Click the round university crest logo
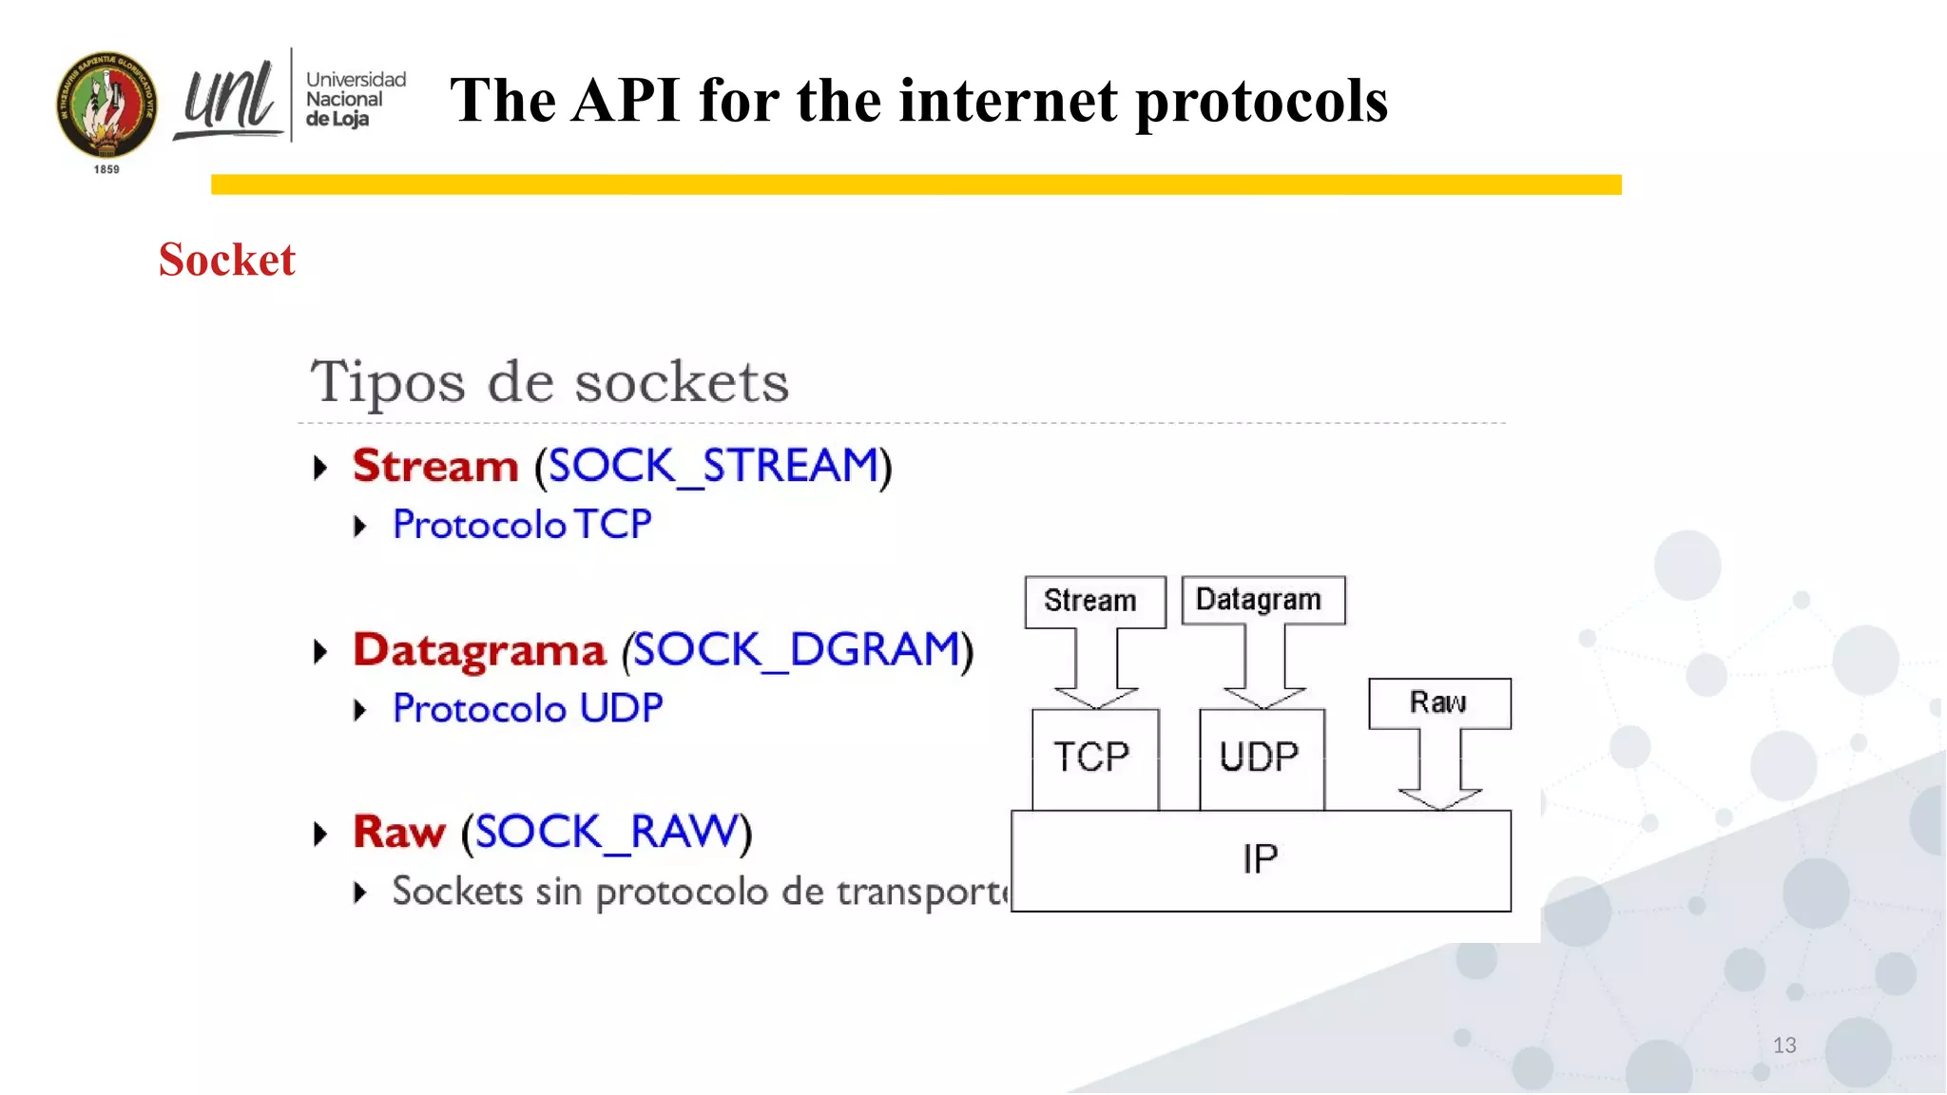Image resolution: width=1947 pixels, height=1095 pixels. pos(106,105)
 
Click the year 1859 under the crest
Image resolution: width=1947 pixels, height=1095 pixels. pos(106,169)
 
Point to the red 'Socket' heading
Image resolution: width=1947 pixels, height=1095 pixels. pos(226,259)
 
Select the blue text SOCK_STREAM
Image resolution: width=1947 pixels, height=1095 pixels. pos(713,466)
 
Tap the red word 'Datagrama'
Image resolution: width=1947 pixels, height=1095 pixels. pos(479,650)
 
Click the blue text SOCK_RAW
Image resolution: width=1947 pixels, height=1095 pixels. pos(607,832)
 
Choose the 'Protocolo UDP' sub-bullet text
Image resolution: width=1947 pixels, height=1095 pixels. pos(527,709)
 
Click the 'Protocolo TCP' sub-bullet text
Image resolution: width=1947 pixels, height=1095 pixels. pos(522,525)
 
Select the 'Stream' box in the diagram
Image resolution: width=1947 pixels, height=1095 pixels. pos(1094,601)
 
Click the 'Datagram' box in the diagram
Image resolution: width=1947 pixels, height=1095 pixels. pos(1262,600)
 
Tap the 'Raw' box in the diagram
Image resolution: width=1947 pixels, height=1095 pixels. pos(1438,702)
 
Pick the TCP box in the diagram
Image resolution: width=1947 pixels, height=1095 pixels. pos(1094,759)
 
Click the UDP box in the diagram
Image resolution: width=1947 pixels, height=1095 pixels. pos(1261,759)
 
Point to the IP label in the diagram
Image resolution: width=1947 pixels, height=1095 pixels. pos(1261,859)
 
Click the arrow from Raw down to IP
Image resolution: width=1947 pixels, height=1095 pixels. pos(1439,770)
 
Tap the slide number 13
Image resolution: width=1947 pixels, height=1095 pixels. pos(1783,1046)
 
